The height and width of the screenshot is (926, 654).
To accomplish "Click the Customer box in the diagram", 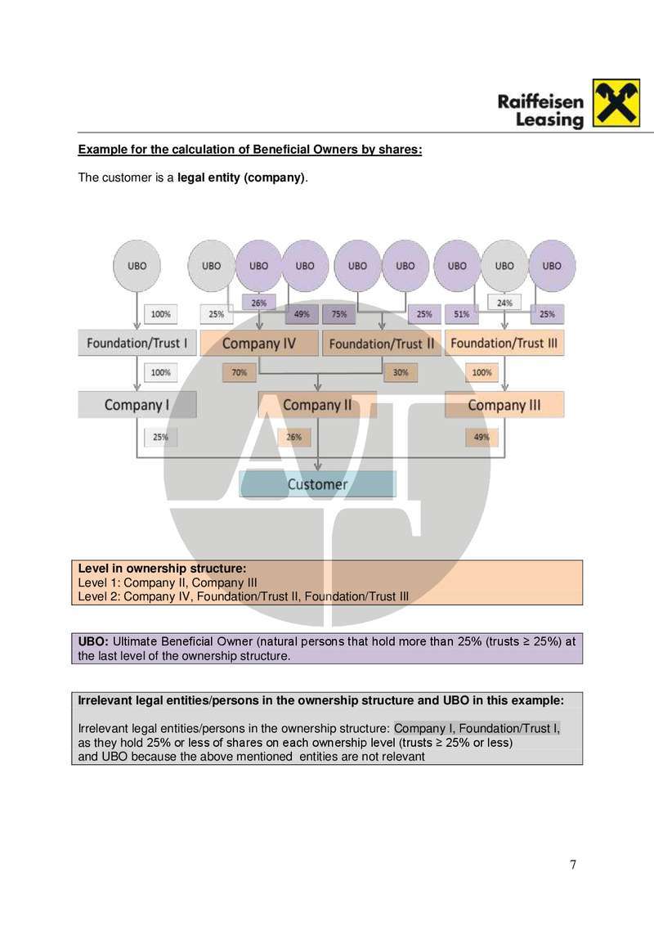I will pyautogui.click(x=317, y=484).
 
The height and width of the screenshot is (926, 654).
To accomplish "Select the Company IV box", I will pyautogui.click(x=259, y=344).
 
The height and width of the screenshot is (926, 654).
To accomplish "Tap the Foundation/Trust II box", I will pyautogui.click(x=382, y=344).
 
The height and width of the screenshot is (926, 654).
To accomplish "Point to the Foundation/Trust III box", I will pyautogui.click(x=504, y=343).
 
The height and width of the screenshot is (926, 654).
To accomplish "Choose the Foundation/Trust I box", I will pyautogui.click(x=137, y=343).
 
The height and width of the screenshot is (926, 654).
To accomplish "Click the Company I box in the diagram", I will pyautogui.click(x=137, y=405).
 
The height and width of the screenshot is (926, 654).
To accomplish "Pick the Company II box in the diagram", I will pyautogui.click(x=317, y=405).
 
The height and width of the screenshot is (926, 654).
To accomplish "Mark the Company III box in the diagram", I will pyautogui.click(x=504, y=405).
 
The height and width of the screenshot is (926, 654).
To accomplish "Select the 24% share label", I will pyautogui.click(x=504, y=302).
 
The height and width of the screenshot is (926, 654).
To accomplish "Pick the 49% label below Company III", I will pyautogui.click(x=482, y=437).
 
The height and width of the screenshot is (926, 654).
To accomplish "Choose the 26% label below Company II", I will pyautogui.click(x=293, y=437).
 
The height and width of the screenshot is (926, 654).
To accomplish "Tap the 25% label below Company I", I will pyautogui.click(x=160, y=437).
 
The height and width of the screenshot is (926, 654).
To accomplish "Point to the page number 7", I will pyautogui.click(x=573, y=865).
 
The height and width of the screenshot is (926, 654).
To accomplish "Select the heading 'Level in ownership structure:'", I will pyautogui.click(x=162, y=567).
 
